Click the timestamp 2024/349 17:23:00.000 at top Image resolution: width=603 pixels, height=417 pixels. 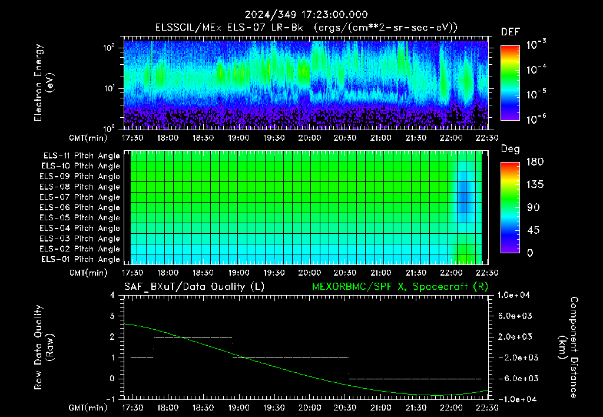click(306, 15)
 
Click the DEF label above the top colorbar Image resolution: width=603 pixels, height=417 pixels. click(511, 32)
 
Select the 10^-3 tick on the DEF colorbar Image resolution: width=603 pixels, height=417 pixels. click(536, 45)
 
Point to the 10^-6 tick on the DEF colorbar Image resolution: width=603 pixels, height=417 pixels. click(536, 119)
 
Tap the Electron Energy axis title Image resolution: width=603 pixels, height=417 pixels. click(43, 82)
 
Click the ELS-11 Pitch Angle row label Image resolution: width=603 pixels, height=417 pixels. click(81, 156)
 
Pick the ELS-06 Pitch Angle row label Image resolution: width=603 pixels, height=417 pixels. click(79, 208)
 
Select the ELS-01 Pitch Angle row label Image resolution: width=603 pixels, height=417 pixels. click(80, 260)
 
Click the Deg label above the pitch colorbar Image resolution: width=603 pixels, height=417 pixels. click(511, 149)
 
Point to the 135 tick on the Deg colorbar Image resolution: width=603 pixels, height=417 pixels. click(535, 184)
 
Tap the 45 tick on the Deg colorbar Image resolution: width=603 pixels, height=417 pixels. click(532, 230)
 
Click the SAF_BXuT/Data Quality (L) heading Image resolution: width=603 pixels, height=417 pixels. click(194, 287)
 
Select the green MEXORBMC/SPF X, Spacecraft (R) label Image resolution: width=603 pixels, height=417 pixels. click(400, 287)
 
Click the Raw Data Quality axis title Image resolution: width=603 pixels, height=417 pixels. click(43, 347)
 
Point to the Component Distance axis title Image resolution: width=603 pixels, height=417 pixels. click(568, 347)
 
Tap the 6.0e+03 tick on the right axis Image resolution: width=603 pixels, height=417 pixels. click(515, 316)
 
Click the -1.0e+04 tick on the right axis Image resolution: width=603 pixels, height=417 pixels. click(515, 399)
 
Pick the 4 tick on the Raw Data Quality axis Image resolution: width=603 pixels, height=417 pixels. click(112, 295)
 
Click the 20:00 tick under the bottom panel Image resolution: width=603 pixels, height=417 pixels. click(310, 408)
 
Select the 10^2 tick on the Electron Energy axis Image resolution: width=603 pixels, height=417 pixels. click(109, 48)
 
